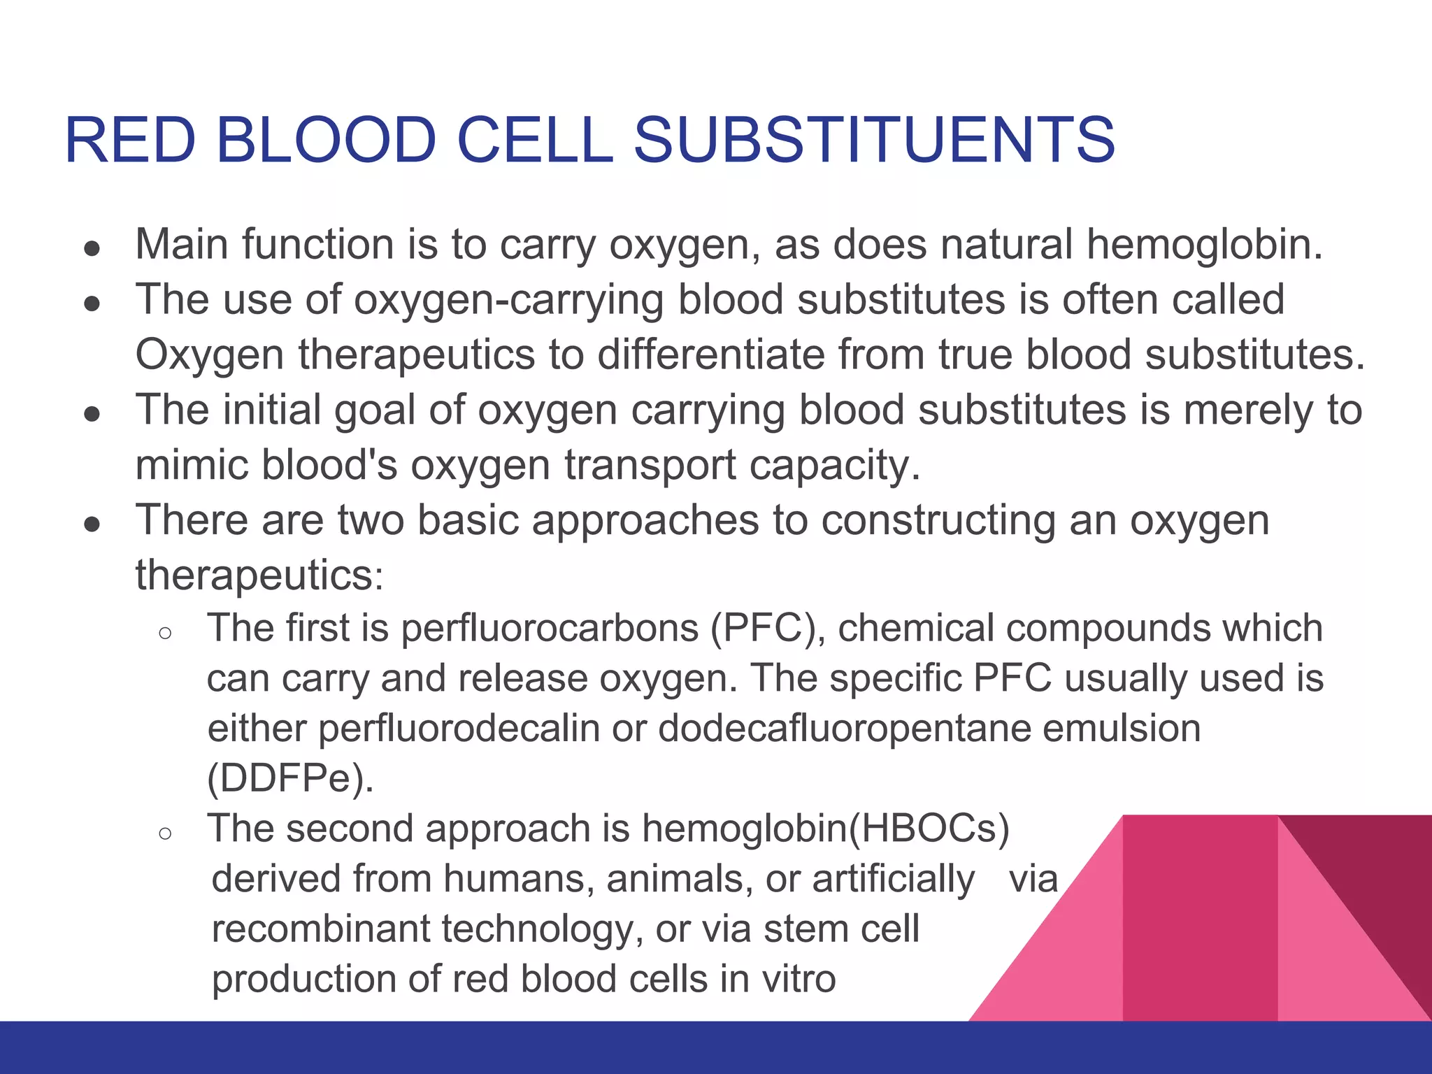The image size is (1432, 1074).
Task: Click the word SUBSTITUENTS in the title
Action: pos(873,140)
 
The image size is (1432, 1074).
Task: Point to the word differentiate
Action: pos(710,355)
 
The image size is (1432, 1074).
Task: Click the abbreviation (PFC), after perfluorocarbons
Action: pos(768,628)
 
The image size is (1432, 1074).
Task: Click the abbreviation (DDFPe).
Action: pos(290,778)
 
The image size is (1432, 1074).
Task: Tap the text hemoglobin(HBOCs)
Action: pos(826,829)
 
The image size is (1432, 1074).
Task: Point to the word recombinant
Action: pos(321,929)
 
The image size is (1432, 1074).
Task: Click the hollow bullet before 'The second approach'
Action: pos(165,833)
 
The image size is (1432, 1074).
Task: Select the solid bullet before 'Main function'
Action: pos(92,248)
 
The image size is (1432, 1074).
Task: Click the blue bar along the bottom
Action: pos(716,1047)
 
